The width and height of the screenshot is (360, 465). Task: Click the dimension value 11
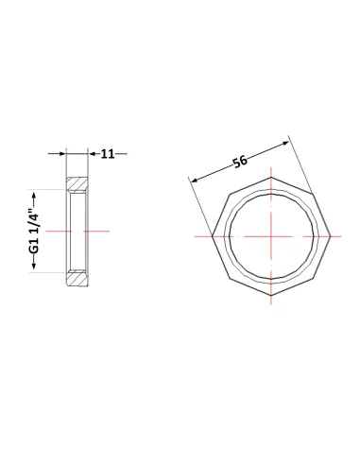(x=108, y=154)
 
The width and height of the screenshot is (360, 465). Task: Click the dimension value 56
(x=240, y=162)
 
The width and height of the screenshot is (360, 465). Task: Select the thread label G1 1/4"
(x=34, y=232)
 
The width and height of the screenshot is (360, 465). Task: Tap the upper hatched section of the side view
(x=77, y=183)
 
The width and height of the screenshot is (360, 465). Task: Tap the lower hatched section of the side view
(x=77, y=279)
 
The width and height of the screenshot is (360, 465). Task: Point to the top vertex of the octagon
(x=271, y=178)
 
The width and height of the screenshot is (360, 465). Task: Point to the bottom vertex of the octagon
(x=271, y=296)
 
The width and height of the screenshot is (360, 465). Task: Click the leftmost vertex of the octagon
(x=212, y=236)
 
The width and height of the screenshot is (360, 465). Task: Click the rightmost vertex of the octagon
(x=331, y=236)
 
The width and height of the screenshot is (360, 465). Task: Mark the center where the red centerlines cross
(x=271, y=236)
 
